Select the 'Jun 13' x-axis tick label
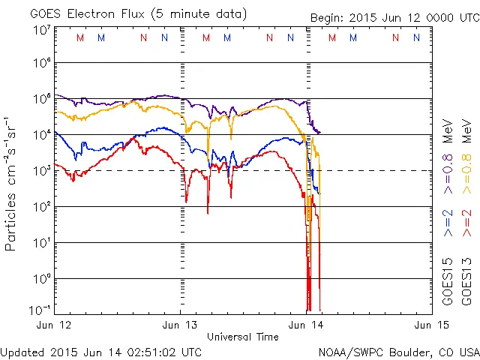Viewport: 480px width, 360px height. click(x=181, y=325)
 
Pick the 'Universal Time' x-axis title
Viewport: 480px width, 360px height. click(x=243, y=337)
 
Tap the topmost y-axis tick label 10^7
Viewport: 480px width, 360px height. click(x=40, y=31)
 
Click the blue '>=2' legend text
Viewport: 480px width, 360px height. click(x=448, y=223)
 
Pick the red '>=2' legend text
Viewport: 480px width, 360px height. click(x=469, y=223)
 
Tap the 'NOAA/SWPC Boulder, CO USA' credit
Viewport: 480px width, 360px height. click(x=397, y=351)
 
